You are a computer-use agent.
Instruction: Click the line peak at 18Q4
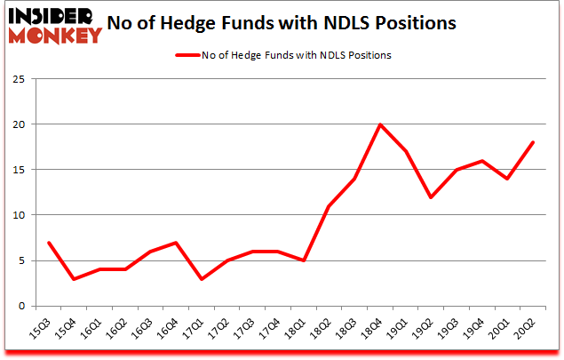pyautogui.click(x=380, y=124)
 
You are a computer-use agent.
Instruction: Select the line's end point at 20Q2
pyautogui.click(x=532, y=142)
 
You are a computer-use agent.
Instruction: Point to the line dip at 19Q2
pyautogui.click(x=431, y=197)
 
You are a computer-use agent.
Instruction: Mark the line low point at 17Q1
pyautogui.click(x=203, y=279)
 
